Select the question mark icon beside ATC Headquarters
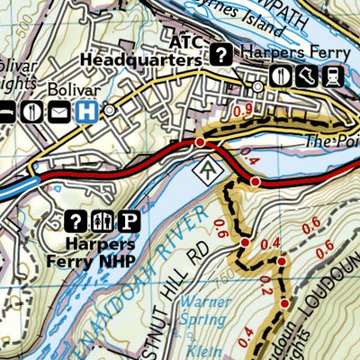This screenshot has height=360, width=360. coord(220,53)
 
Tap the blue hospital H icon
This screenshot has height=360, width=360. coord(87,111)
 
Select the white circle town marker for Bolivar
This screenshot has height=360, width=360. coord(110,111)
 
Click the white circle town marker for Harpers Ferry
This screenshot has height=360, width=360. coord(258,87)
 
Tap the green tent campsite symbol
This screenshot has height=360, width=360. coord(209,167)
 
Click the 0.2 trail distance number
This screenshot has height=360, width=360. coord(265,284)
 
